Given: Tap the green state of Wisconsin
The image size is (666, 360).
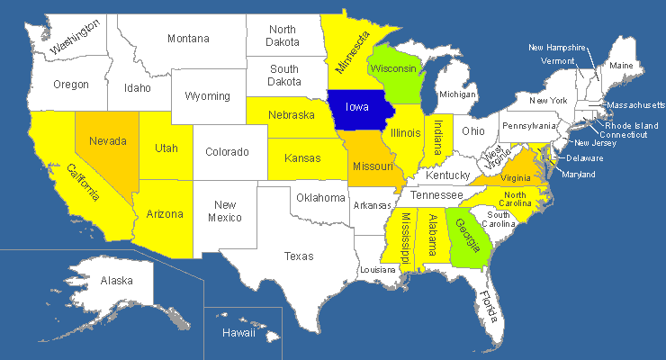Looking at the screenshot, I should pos(393,69).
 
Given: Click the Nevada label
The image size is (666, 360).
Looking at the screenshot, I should pos(107,141).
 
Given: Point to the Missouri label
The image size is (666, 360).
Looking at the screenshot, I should pos(373,167).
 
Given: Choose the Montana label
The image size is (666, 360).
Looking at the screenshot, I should pos(188,38).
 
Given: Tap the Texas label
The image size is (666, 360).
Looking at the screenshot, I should pos(299,256).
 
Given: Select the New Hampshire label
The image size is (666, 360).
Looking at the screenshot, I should pos(557,48).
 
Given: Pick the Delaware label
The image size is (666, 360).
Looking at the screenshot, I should pos(585,158).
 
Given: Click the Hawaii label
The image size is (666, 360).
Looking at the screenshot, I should pos(238,333).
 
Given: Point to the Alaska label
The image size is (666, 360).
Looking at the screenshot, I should pos(117,281).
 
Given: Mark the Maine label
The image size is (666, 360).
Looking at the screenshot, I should pos(621,66).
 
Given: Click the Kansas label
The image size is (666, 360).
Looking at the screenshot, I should pos(302,158).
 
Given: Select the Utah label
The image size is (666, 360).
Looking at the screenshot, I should pos(166,148).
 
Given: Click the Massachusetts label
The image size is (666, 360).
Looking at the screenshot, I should pos(635,105).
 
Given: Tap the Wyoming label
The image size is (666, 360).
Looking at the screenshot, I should pos(208,96).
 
